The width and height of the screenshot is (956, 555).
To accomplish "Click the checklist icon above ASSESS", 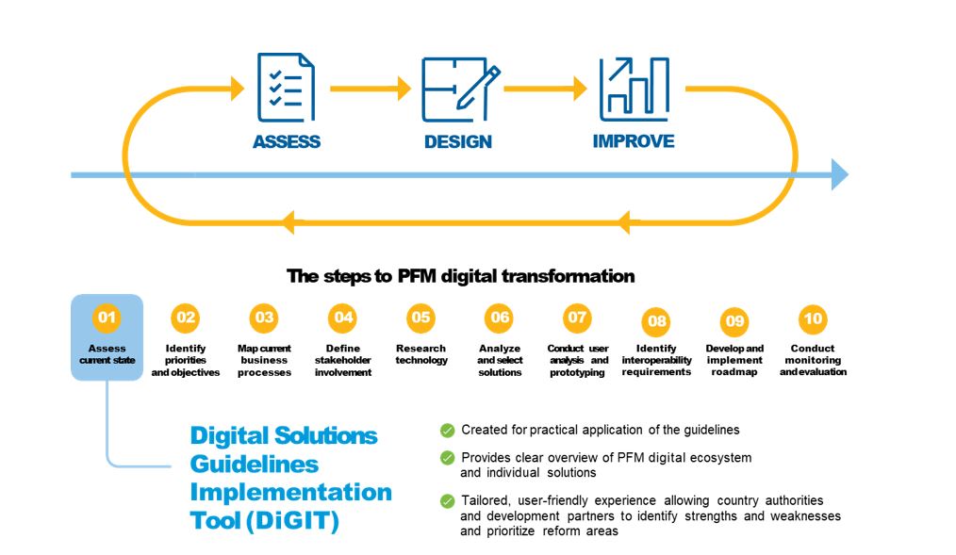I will point(286,88).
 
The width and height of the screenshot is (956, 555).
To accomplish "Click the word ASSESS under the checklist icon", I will point(287,142).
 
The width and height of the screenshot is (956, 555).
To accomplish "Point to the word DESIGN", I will point(458,142).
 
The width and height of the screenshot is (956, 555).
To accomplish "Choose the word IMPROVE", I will point(634,141).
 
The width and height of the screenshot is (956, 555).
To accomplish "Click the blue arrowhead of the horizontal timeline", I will point(838,174).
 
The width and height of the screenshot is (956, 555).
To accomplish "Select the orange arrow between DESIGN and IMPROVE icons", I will point(545,89).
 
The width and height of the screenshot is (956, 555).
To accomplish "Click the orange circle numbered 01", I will point(107,318).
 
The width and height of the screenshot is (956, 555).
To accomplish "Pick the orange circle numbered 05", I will point(420,318).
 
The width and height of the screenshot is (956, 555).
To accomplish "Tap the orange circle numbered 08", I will point(657,321).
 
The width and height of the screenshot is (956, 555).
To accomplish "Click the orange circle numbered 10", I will point(813,318).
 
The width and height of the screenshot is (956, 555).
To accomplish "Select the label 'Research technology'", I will point(421,354).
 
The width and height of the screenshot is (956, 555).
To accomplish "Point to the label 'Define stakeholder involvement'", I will point(343,360).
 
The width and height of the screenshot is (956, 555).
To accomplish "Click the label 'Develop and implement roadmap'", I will point(734,360).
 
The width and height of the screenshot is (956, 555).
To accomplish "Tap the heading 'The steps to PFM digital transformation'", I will point(460,276).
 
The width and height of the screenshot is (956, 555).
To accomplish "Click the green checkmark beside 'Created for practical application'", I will point(447,431).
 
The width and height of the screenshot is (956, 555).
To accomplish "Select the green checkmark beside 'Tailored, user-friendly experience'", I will point(447,501).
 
